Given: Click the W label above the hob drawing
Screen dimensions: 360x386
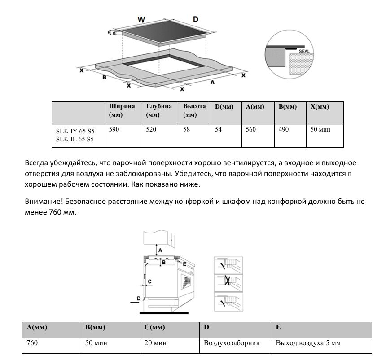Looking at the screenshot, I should click(141, 19).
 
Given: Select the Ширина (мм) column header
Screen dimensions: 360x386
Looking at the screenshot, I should click(122, 110).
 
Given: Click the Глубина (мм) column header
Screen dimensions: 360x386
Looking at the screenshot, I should click(159, 110).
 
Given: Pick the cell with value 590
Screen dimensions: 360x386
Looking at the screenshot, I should click(115, 130).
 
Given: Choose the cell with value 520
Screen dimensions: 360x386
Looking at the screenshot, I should click(152, 130).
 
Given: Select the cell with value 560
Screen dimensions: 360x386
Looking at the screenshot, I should click(251, 130).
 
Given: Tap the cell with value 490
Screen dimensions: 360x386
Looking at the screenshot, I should click(284, 130).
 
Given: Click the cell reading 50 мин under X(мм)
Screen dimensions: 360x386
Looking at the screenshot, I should click(320, 130).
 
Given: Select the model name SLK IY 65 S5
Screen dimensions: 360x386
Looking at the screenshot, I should click(75, 131).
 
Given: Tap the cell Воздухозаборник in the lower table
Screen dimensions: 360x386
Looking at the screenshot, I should click(232, 343).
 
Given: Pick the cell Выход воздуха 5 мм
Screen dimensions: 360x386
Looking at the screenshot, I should click(308, 343).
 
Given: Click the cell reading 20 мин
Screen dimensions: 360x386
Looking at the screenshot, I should click(155, 343).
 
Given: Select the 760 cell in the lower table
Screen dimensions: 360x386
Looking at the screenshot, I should click(32, 343).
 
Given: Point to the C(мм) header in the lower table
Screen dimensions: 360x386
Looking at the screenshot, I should click(155, 327).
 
